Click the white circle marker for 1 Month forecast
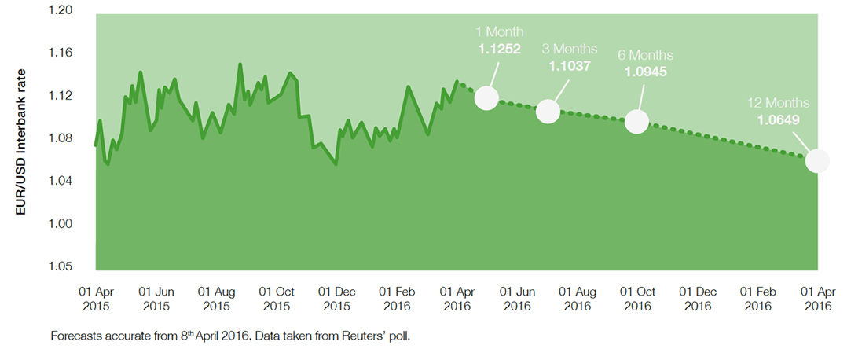[486, 98]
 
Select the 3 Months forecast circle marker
[548, 112]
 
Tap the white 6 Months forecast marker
[636, 122]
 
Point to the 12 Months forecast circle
[817, 160]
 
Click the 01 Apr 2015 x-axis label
[96, 298]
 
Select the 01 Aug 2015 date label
[216, 298]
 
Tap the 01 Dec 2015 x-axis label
[336, 298]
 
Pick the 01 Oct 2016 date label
[637, 298]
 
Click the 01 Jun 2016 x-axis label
[517, 298]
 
